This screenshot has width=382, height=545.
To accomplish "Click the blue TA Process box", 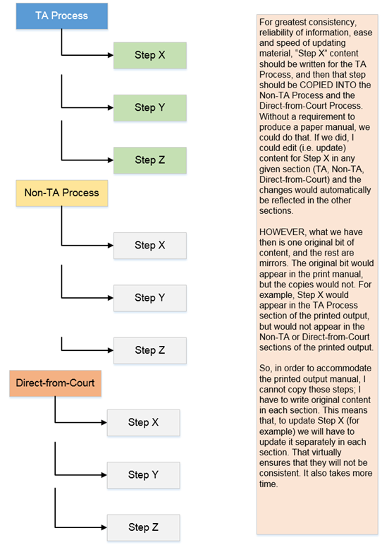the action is [62, 16].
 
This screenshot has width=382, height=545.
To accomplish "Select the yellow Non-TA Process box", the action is [62, 193].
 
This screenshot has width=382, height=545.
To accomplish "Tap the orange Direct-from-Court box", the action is [55, 383].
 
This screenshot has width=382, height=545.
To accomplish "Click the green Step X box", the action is [150, 55].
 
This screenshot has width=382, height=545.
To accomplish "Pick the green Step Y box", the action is [150, 108].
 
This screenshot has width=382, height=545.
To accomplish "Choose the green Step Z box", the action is [150, 160].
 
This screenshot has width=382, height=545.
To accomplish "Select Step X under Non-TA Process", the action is [150, 246].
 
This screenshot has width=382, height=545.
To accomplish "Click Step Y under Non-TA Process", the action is [150, 298].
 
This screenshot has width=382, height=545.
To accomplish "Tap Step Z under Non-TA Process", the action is [150, 350].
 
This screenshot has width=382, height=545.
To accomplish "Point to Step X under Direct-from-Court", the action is [143, 423].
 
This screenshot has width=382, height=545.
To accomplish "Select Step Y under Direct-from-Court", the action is [143, 475].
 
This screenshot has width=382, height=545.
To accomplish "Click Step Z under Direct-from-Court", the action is [143, 527].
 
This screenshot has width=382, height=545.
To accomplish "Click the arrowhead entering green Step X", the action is [111, 55].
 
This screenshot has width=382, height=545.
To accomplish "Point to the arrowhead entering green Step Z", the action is [111, 160].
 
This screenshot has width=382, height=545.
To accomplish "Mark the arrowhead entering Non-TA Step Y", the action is [111, 298].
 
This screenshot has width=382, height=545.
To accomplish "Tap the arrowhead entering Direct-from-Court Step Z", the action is [104, 527].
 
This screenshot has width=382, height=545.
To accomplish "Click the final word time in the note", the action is [269, 484].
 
